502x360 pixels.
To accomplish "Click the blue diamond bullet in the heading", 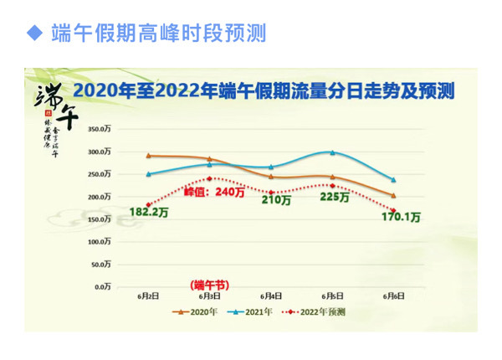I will point(34,33).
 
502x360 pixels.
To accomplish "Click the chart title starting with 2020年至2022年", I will point(264,91).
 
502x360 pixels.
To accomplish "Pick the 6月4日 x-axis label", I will point(270,296).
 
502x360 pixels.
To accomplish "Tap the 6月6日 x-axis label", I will point(393,296).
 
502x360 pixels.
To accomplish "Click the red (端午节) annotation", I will point(208,285).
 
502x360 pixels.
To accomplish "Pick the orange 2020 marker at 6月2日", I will point(148,156).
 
